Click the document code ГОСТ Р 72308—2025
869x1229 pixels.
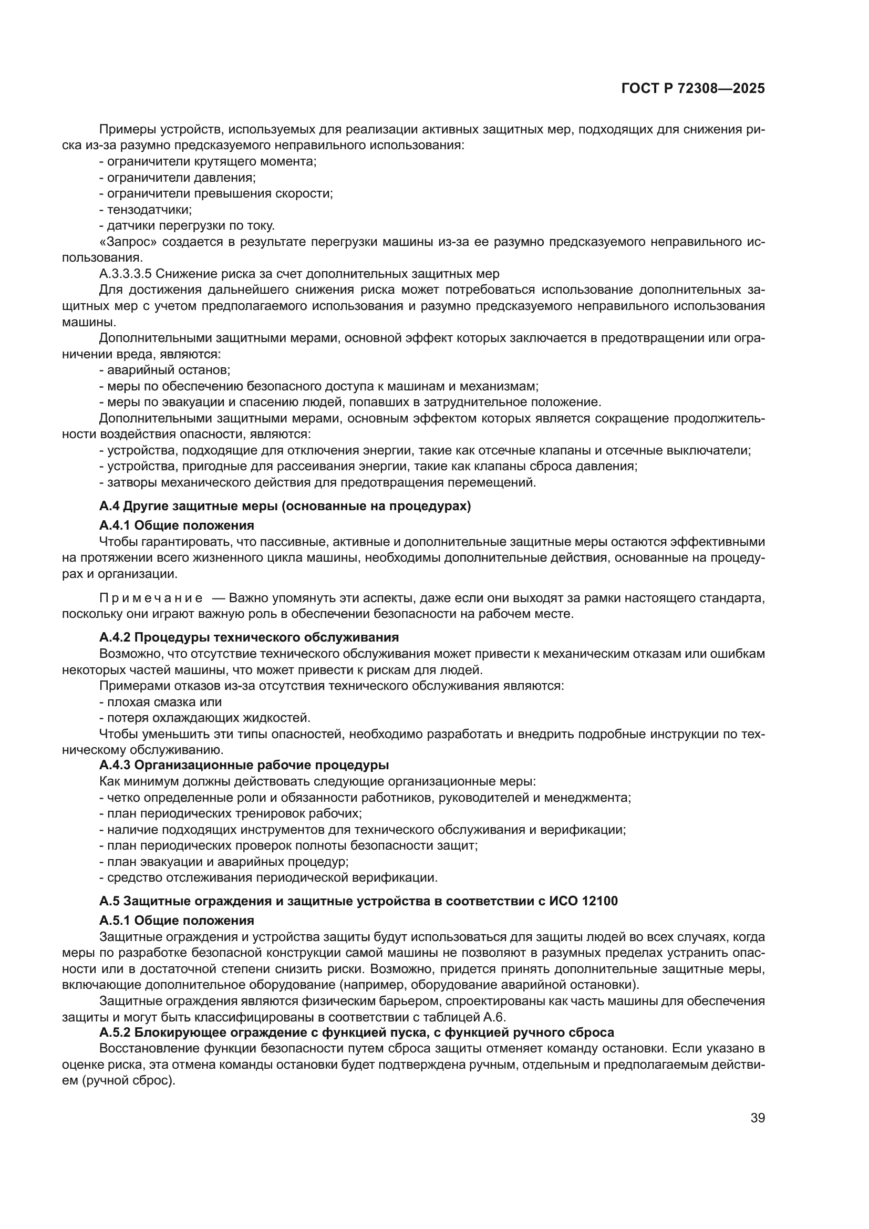tap(693, 89)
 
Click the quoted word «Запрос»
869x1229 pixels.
tap(128, 242)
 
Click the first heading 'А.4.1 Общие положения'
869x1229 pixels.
tap(177, 525)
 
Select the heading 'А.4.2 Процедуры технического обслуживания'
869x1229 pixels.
tap(249, 637)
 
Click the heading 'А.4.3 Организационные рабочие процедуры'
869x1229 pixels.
tap(244, 765)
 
